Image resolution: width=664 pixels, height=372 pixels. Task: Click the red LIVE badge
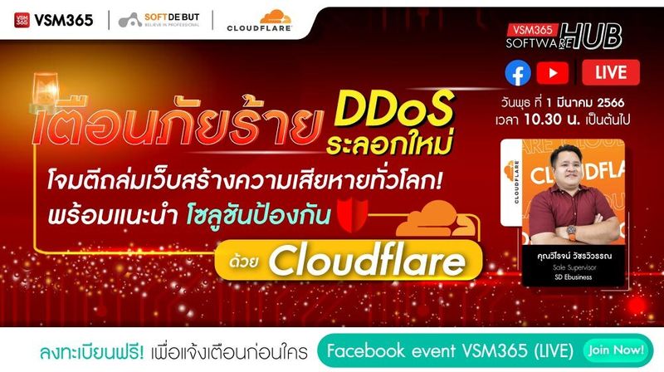(610, 74)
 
